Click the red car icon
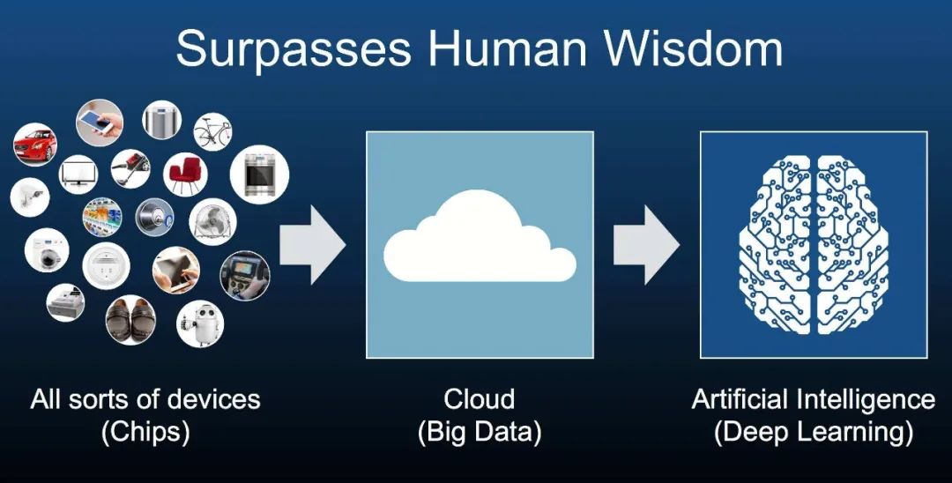pos(35,145)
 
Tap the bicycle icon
pos(212,131)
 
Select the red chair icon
pos(185,174)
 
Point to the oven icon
pos(259,175)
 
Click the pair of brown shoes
pos(130,320)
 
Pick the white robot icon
pos(200,324)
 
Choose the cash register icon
pos(65,302)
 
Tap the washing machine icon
pos(47,250)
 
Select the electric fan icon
pos(212,221)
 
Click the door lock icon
pos(154,217)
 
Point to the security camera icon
pos(30,197)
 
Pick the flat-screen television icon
pos(78,175)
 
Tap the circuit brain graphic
pos(814,244)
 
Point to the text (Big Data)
pos(480,433)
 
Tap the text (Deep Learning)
pos(814,433)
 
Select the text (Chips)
pos(145,433)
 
